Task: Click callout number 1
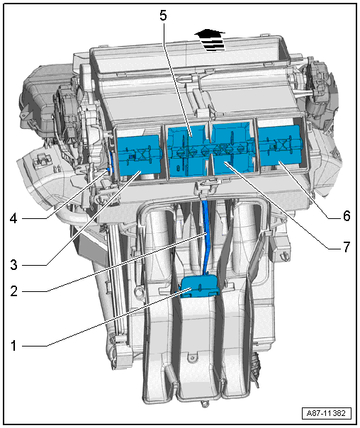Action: [x=13, y=346]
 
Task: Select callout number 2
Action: [x=14, y=291]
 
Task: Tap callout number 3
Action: [x=13, y=264]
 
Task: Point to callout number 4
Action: [x=13, y=218]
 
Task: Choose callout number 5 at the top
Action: [x=163, y=16]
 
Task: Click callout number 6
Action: [x=347, y=215]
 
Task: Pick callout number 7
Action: [x=347, y=247]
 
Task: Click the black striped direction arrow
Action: [x=210, y=40]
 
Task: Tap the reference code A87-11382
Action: [x=326, y=413]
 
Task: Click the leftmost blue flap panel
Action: [x=138, y=154]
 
